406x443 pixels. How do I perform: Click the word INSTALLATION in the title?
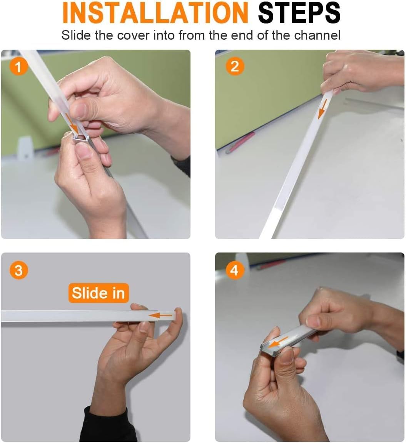155,13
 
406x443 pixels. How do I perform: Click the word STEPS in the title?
299,13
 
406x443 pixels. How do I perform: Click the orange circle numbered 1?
18,67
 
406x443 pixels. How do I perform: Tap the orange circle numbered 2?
235,67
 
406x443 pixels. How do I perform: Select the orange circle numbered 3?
18,270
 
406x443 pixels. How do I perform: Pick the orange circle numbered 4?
235,270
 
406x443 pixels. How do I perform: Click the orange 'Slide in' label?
98,293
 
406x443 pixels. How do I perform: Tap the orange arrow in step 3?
160,315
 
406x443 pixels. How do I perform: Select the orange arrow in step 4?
278,343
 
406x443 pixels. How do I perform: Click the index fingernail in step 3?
144,327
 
